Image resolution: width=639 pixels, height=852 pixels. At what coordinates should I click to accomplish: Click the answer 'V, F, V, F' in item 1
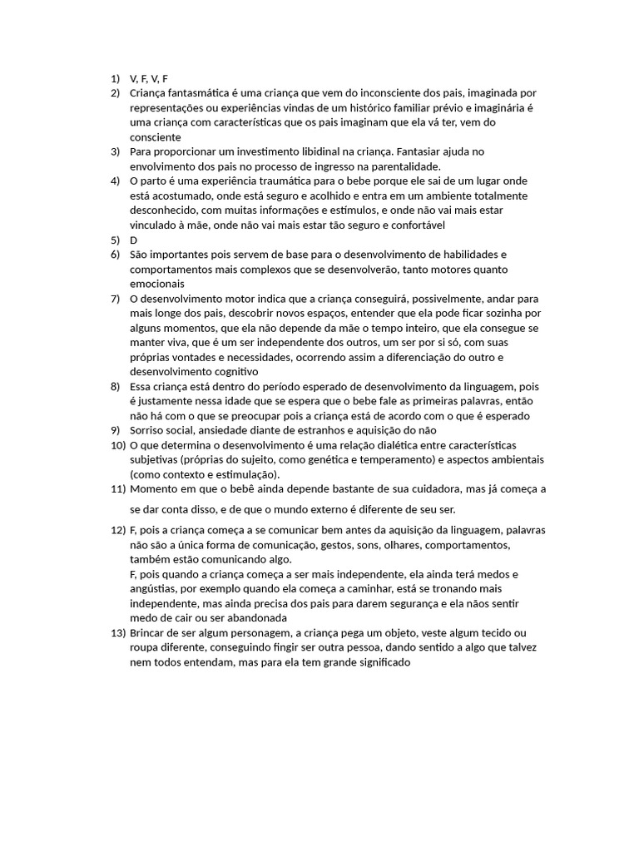(149, 78)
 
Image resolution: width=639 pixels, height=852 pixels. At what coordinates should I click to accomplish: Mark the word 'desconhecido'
(163, 211)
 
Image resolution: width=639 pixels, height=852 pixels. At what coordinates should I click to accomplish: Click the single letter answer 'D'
(134, 240)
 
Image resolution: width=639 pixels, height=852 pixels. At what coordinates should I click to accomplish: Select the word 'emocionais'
(156, 284)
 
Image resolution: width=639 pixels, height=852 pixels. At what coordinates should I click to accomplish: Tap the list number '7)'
(116, 298)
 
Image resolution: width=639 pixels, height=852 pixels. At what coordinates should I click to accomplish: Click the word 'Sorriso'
(149, 430)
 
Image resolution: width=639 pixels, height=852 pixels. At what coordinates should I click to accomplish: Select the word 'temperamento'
(446, 459)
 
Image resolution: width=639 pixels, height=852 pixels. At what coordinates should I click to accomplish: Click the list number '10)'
(117, 445)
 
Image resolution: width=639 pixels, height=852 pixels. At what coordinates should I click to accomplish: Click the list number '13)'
(117, 633)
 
